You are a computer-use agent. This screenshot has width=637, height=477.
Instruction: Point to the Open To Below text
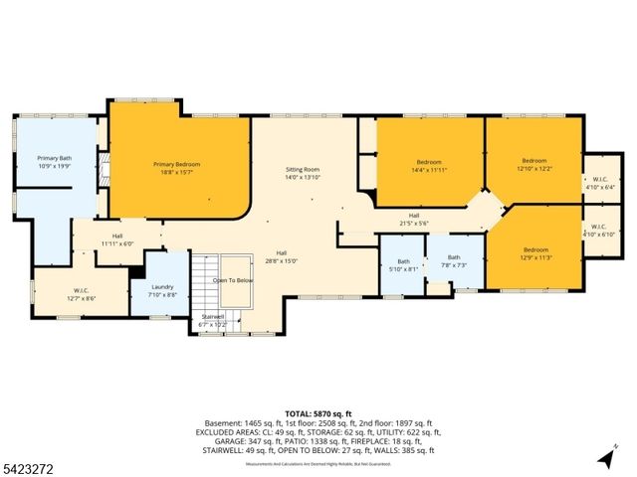point(233,280)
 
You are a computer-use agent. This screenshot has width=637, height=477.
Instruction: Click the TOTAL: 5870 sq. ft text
point(318,412)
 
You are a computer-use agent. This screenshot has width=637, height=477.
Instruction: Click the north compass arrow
point(604,457)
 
